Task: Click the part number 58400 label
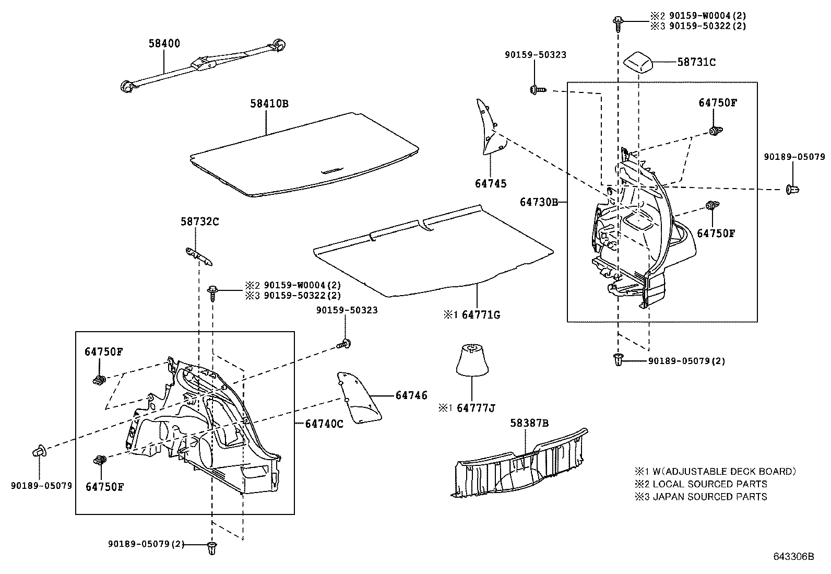pos(164,44)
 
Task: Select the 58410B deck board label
pos(268,103)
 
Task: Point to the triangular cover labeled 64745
pos(491,128)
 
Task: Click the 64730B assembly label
pos(539,202)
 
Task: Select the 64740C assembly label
pos(324,424)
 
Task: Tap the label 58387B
pos(529,423)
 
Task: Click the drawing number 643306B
pos(793,556)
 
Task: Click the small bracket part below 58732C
pos(199,255)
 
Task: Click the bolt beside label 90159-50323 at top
pos(536,90)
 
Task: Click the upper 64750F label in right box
pos(717,103)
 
